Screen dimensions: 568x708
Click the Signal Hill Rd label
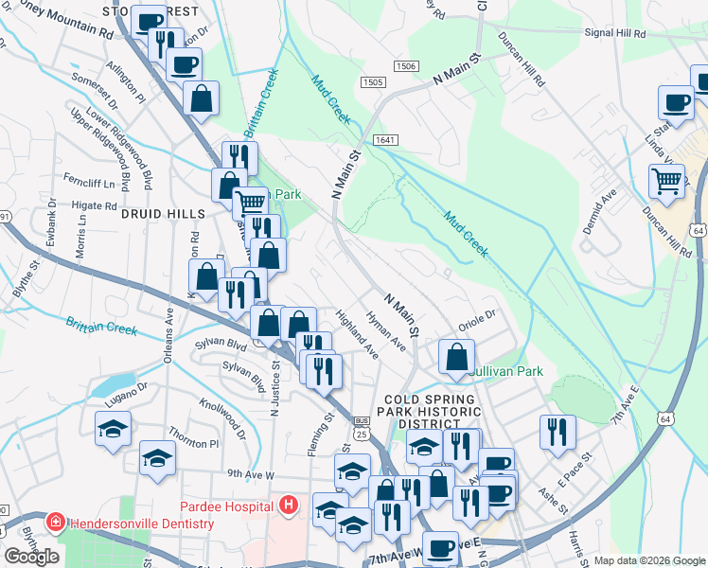tap(614, 32)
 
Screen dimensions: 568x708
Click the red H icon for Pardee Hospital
tap(289, 506)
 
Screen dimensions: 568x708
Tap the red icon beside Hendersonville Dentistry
tap(56, 523)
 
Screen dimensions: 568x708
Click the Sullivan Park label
tap(508, 371)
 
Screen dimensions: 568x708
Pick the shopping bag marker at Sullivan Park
tap(456, 359)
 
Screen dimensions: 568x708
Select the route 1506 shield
tap(406, 66)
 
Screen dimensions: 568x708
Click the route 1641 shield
tap(384, 140)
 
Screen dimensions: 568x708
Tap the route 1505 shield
tap(372, 83)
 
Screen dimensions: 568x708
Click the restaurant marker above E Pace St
tap(558, 432)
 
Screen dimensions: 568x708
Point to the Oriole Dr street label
tap(478, 320)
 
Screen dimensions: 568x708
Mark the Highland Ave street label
tap(358, 337)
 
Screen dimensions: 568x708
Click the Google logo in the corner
tap(32, 557)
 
